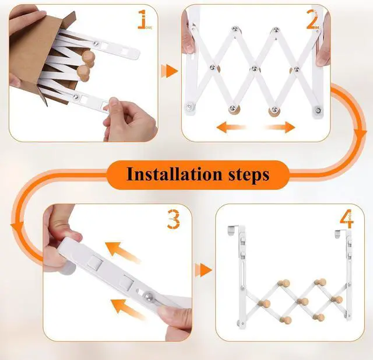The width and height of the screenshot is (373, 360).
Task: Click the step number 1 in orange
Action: click(x=142, y=19)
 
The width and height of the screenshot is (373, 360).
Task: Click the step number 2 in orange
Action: click(x=312, y=19)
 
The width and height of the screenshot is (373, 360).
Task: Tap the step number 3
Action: click(x=174, y=219)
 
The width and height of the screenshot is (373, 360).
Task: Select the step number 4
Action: click(x=346, y=219)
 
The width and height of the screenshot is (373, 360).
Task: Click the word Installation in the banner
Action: click(x=174, y=174)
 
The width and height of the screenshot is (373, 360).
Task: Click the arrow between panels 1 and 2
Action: click(x=170, y=71)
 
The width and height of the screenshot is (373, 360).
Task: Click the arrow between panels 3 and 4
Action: click(x=203, y=270)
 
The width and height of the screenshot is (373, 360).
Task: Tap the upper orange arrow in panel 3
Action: click(x=122, y=252)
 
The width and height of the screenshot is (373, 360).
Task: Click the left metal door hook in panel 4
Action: click(x=233, y=230)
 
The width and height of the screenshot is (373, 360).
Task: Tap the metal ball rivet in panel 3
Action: click(x=147, y=296)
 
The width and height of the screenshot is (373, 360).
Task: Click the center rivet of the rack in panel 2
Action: click(x=255, y=69)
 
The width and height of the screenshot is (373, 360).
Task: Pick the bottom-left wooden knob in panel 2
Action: click(x=234, y=110)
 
